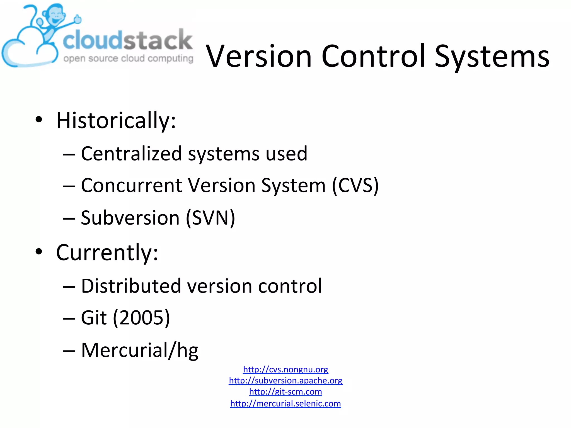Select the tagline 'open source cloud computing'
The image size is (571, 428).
tap(128, 59)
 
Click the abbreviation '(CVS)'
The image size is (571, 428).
tap(355, 186)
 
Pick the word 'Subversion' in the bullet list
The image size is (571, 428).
tap(130, 218)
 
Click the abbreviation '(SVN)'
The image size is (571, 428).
tap(211, 218)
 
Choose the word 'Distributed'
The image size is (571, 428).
tap(131, 286)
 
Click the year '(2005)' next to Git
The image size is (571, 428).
tap(141, 318)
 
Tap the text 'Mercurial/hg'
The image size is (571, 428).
tap(140, 350)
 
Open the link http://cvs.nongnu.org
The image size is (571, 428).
tap(285, 369)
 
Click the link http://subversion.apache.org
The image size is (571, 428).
tap(285, 381)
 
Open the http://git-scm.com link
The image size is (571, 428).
tap(285, 392)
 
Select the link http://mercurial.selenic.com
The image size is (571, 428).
tap(285, 403)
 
